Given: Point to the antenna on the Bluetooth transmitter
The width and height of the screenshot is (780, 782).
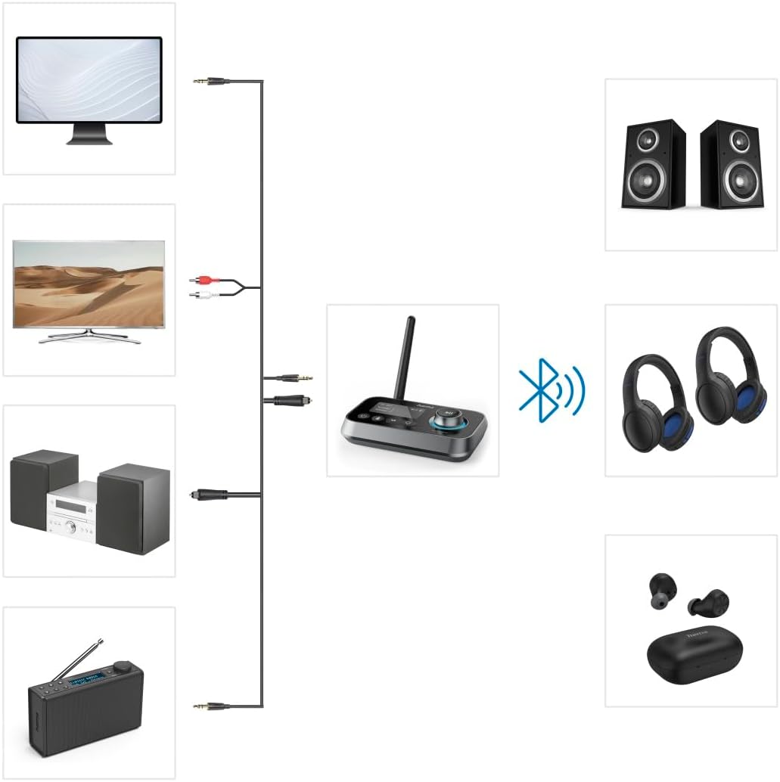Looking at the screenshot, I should pyautogui.click(x=407, y=351).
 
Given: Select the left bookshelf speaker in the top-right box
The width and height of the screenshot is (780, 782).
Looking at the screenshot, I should pyautogui.click(x=654, y=165).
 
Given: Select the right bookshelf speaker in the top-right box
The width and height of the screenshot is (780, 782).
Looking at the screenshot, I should pyautogui.click(x=730, y=165).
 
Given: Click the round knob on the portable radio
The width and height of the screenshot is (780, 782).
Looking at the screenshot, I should pyautogui.click(x=121, y=669).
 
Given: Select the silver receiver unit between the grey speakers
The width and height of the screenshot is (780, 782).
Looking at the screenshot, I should pyautogui.click(x=71, y=519).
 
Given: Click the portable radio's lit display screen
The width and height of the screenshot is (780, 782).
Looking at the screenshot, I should pyautogui.click(x=85, y=682).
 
